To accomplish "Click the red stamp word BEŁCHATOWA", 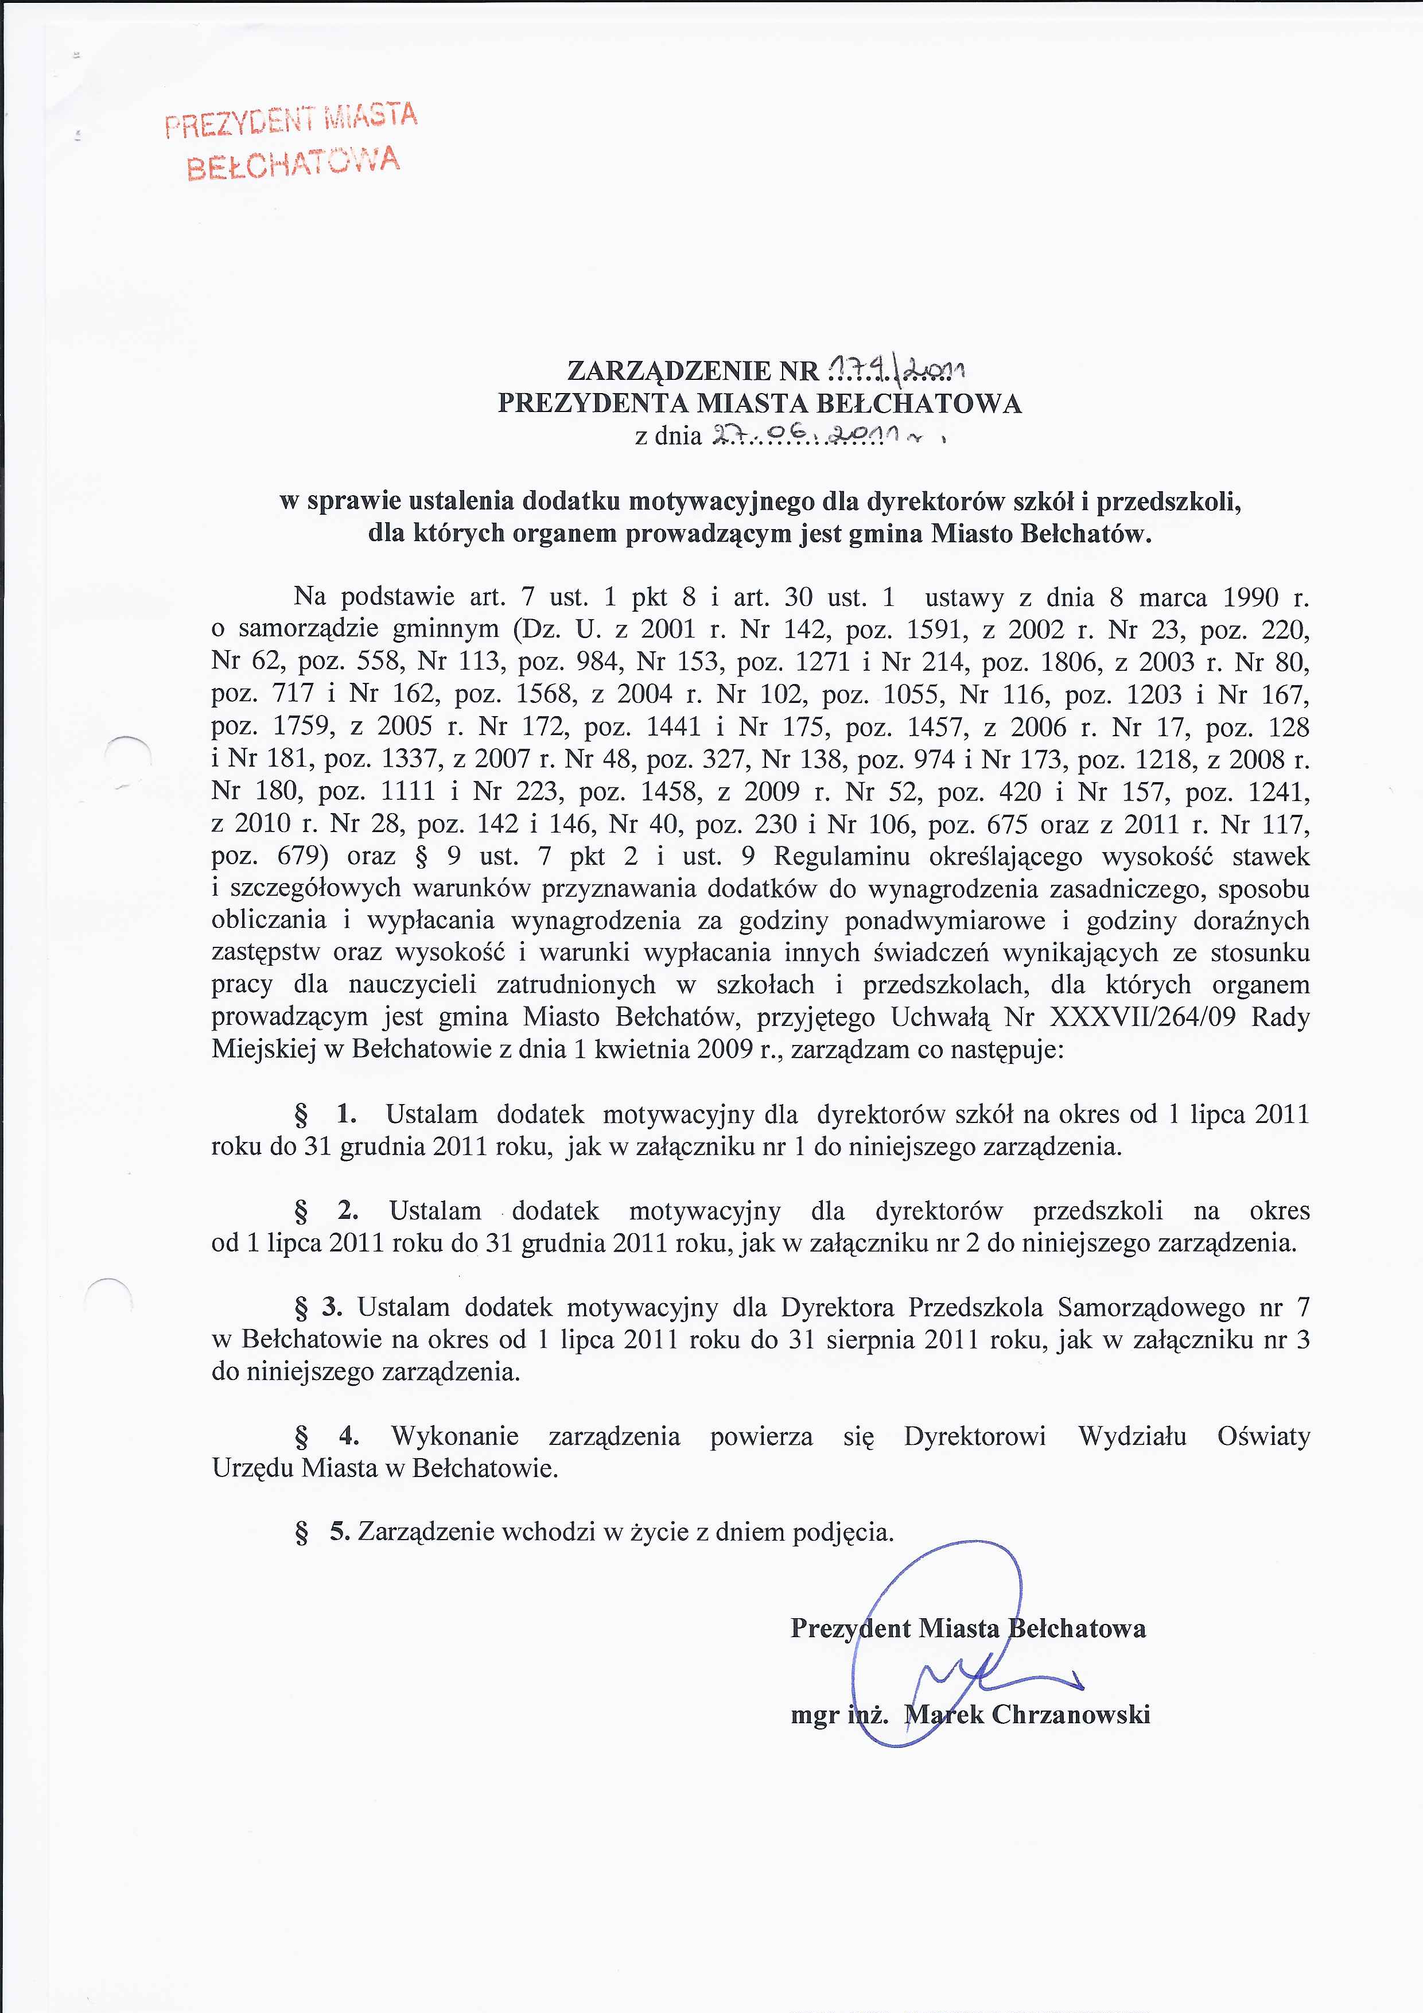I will (294, 163).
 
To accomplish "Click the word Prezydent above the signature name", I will (850, 1628).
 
